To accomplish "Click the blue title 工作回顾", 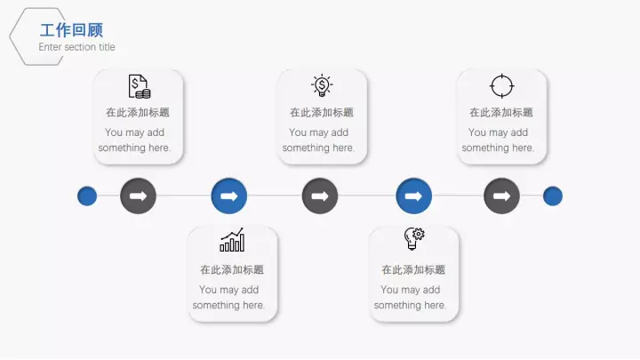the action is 71,30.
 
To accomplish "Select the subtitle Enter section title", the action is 76,47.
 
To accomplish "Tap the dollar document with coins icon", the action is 140,86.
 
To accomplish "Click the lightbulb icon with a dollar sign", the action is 322,85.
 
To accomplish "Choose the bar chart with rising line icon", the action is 232,240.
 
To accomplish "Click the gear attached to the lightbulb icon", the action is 419,234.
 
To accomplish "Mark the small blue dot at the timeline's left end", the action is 87,196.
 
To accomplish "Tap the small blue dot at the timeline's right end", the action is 553,196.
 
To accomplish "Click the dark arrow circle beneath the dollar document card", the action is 138,196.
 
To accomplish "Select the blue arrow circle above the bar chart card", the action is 229,196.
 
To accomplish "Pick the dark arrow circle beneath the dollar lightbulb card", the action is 320,196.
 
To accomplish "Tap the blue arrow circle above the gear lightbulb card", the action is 413,196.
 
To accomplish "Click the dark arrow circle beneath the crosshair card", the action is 501,196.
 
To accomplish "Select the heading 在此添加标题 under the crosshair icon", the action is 501,112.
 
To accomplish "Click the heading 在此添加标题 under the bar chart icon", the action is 232,269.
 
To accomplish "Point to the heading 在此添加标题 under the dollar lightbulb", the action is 322,112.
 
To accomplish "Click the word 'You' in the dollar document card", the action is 114,132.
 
